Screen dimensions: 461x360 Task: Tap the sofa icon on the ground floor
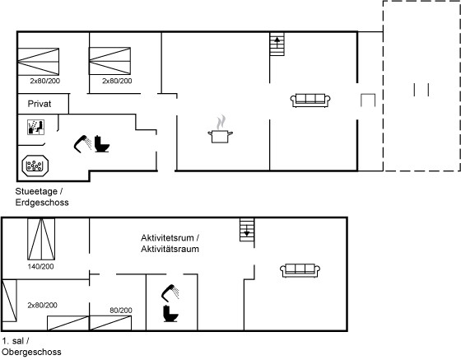click(x=310, y=101)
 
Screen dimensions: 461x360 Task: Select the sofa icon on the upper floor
click(x=300, y=270)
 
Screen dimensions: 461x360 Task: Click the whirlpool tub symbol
click(x=35, y=166)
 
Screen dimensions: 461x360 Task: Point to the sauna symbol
click(x=35, y=127)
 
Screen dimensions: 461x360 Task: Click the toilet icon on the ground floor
click(x=102, y=144)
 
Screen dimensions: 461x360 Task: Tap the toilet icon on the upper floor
click(x=170, y=314)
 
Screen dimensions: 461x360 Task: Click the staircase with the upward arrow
click(x=277, y=44)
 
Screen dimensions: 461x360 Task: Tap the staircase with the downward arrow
click(x=247, y=230)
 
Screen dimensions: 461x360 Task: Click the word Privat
click(x=40, y=104)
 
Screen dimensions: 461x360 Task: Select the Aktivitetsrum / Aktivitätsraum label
click(x=170, y=243)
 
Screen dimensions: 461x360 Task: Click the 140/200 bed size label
click(x=41, y=266)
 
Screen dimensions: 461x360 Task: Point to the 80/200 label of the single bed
click(x=121, y=311)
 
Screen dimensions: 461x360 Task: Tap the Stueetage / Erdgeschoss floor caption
click(x=42, y=197)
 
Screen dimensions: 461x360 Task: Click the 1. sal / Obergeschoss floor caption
click(x=31, y=347)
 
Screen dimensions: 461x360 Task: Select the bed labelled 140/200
click(x=41, y=239)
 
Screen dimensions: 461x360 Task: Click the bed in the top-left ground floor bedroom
click(x=38, y=62)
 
